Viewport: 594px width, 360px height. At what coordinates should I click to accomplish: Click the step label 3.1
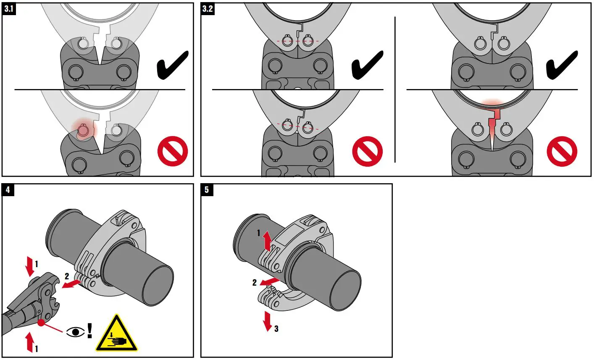click(x=9, y=9)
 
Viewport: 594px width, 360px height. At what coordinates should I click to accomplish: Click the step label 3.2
click(x=208, y=9)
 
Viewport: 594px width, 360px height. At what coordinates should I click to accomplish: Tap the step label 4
click(x=8, y=190)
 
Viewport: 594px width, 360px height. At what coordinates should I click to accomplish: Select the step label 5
click(x=206, y=190)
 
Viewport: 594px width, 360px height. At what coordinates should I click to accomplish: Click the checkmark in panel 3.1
click(x=172, y=65)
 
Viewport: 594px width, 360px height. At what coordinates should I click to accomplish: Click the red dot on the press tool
click(x=41, y=323)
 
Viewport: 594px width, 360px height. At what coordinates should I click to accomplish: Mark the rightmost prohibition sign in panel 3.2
click(x=562, y=151)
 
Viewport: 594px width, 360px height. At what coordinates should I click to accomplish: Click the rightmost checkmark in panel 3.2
click(x=562, y=65)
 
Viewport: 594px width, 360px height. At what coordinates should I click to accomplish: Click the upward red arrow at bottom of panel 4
click(x=29, y=342)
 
